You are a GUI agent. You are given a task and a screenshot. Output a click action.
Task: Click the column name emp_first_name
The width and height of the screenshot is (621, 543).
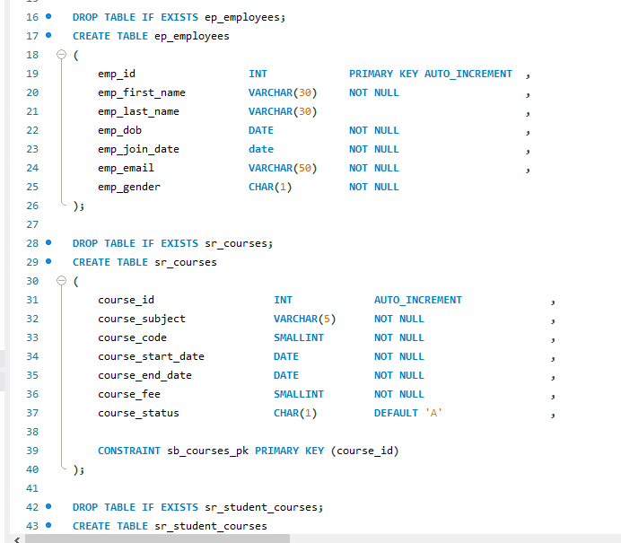pyautogui.click(x=142, y=92)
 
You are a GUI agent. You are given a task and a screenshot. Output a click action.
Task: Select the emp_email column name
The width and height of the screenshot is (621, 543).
pyautogui.click(x=126, y=168)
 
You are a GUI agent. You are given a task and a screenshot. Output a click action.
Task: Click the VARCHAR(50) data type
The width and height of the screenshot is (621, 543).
pyautogui.click(x=283, y=168)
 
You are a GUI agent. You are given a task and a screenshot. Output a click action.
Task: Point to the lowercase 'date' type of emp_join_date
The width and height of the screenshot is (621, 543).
pyautogui.click(x=261, y=149)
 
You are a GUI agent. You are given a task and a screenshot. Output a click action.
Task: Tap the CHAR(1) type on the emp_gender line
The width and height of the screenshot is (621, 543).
pyautogui.click(x=270, y=187)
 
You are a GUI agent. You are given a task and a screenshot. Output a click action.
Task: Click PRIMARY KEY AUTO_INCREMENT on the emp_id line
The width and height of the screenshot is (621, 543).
pyautogui.click(x=431, y=74)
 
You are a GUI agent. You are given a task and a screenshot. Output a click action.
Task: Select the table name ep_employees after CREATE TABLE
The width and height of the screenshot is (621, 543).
pyautogui.click(x=186, y=36)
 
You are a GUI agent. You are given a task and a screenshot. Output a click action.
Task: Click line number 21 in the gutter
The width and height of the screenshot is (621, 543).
pyautogui.click(x=32, y=111)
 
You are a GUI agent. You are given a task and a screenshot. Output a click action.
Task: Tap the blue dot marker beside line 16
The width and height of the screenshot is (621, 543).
pyautogui.click(x=48, y=17)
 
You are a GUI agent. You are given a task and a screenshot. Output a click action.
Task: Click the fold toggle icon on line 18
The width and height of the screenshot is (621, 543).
pyautogui.click(x=62, y=55)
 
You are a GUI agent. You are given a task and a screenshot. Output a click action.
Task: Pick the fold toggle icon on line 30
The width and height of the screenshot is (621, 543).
pyautogui.click(x=62, y=281)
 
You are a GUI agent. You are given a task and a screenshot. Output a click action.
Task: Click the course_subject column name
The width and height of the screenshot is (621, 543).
pyautogui.click(x=142, y=319)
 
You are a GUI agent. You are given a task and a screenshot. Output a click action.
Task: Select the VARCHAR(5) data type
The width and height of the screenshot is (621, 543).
pyautogui.click(x=304, y=319)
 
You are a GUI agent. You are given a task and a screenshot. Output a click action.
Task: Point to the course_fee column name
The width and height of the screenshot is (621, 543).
pyautogui.click(x=129, y=394)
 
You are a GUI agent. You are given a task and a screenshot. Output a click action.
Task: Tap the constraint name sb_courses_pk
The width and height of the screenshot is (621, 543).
pyautogui.click(x=208, y=451)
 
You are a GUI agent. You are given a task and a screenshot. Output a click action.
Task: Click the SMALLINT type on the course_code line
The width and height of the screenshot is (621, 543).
pyautogui.click(x=299, y=337)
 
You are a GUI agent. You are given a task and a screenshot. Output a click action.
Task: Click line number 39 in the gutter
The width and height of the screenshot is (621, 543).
pyautogui.click(x=32, y=451)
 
